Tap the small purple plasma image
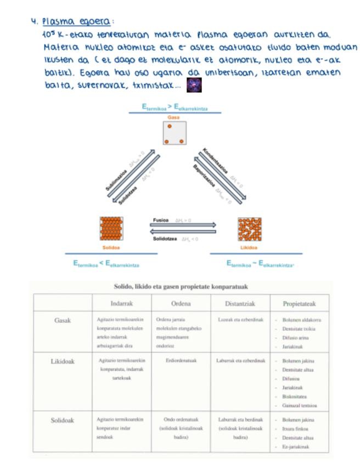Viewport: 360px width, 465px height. tap(194, 85)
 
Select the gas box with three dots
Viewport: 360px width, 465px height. tap(175, 133)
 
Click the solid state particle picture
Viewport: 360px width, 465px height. tap(111, 229)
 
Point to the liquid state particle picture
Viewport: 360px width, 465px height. tap(249, 229)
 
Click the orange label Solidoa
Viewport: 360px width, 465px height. tap(111, 247)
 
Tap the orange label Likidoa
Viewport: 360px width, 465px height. tap(249, 247)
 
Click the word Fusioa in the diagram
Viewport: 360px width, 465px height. tap(161, 220)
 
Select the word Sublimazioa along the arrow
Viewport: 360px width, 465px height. tap(117, 180)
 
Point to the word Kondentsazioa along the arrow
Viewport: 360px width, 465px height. tap(215, 161)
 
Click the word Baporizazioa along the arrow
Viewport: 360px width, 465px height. tap(204, 177)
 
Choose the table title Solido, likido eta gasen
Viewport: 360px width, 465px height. tap(181, 286)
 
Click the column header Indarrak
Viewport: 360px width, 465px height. tap(122, 303)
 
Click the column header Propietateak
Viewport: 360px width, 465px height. tap(299, 303)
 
